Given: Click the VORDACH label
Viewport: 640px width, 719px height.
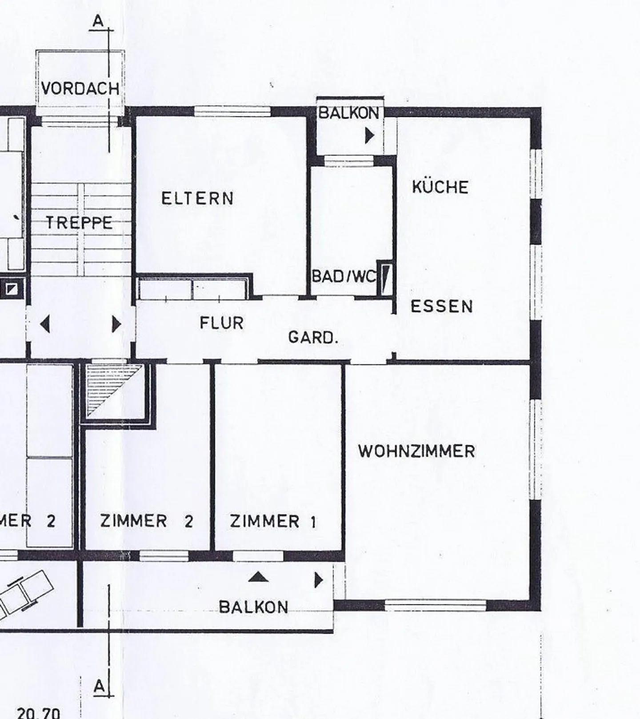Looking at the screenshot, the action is [80, 88].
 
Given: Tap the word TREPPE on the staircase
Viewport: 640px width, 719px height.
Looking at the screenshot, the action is [79, 222].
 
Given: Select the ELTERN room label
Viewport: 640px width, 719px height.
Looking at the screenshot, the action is [197, 198].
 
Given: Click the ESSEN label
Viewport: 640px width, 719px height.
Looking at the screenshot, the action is [441, 306].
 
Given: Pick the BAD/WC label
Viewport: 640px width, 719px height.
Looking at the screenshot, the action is [344, 276].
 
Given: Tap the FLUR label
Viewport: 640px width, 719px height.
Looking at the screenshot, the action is [221, 323].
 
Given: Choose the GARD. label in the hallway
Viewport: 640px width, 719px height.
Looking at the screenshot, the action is [313, 337].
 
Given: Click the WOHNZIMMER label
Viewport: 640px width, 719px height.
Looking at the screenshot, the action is [416, 451].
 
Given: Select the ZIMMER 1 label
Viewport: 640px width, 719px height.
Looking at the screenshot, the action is [273, 521].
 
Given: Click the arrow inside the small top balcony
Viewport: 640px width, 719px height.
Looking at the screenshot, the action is [370, 136].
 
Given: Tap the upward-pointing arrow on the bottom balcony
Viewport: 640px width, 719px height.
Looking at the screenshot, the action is [258, 577].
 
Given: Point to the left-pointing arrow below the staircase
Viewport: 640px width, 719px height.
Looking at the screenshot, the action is [44, 324].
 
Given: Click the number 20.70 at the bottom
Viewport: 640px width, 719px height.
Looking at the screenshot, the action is [38, 713].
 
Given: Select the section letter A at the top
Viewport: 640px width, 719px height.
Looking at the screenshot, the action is [99, 21].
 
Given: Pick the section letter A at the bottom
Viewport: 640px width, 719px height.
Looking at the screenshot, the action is [100, 686].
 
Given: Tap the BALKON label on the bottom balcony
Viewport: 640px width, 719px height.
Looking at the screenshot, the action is [253, 607].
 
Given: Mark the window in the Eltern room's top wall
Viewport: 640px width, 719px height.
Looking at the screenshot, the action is [232, 111].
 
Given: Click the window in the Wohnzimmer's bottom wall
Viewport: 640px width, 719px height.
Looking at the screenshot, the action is [436, 605].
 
